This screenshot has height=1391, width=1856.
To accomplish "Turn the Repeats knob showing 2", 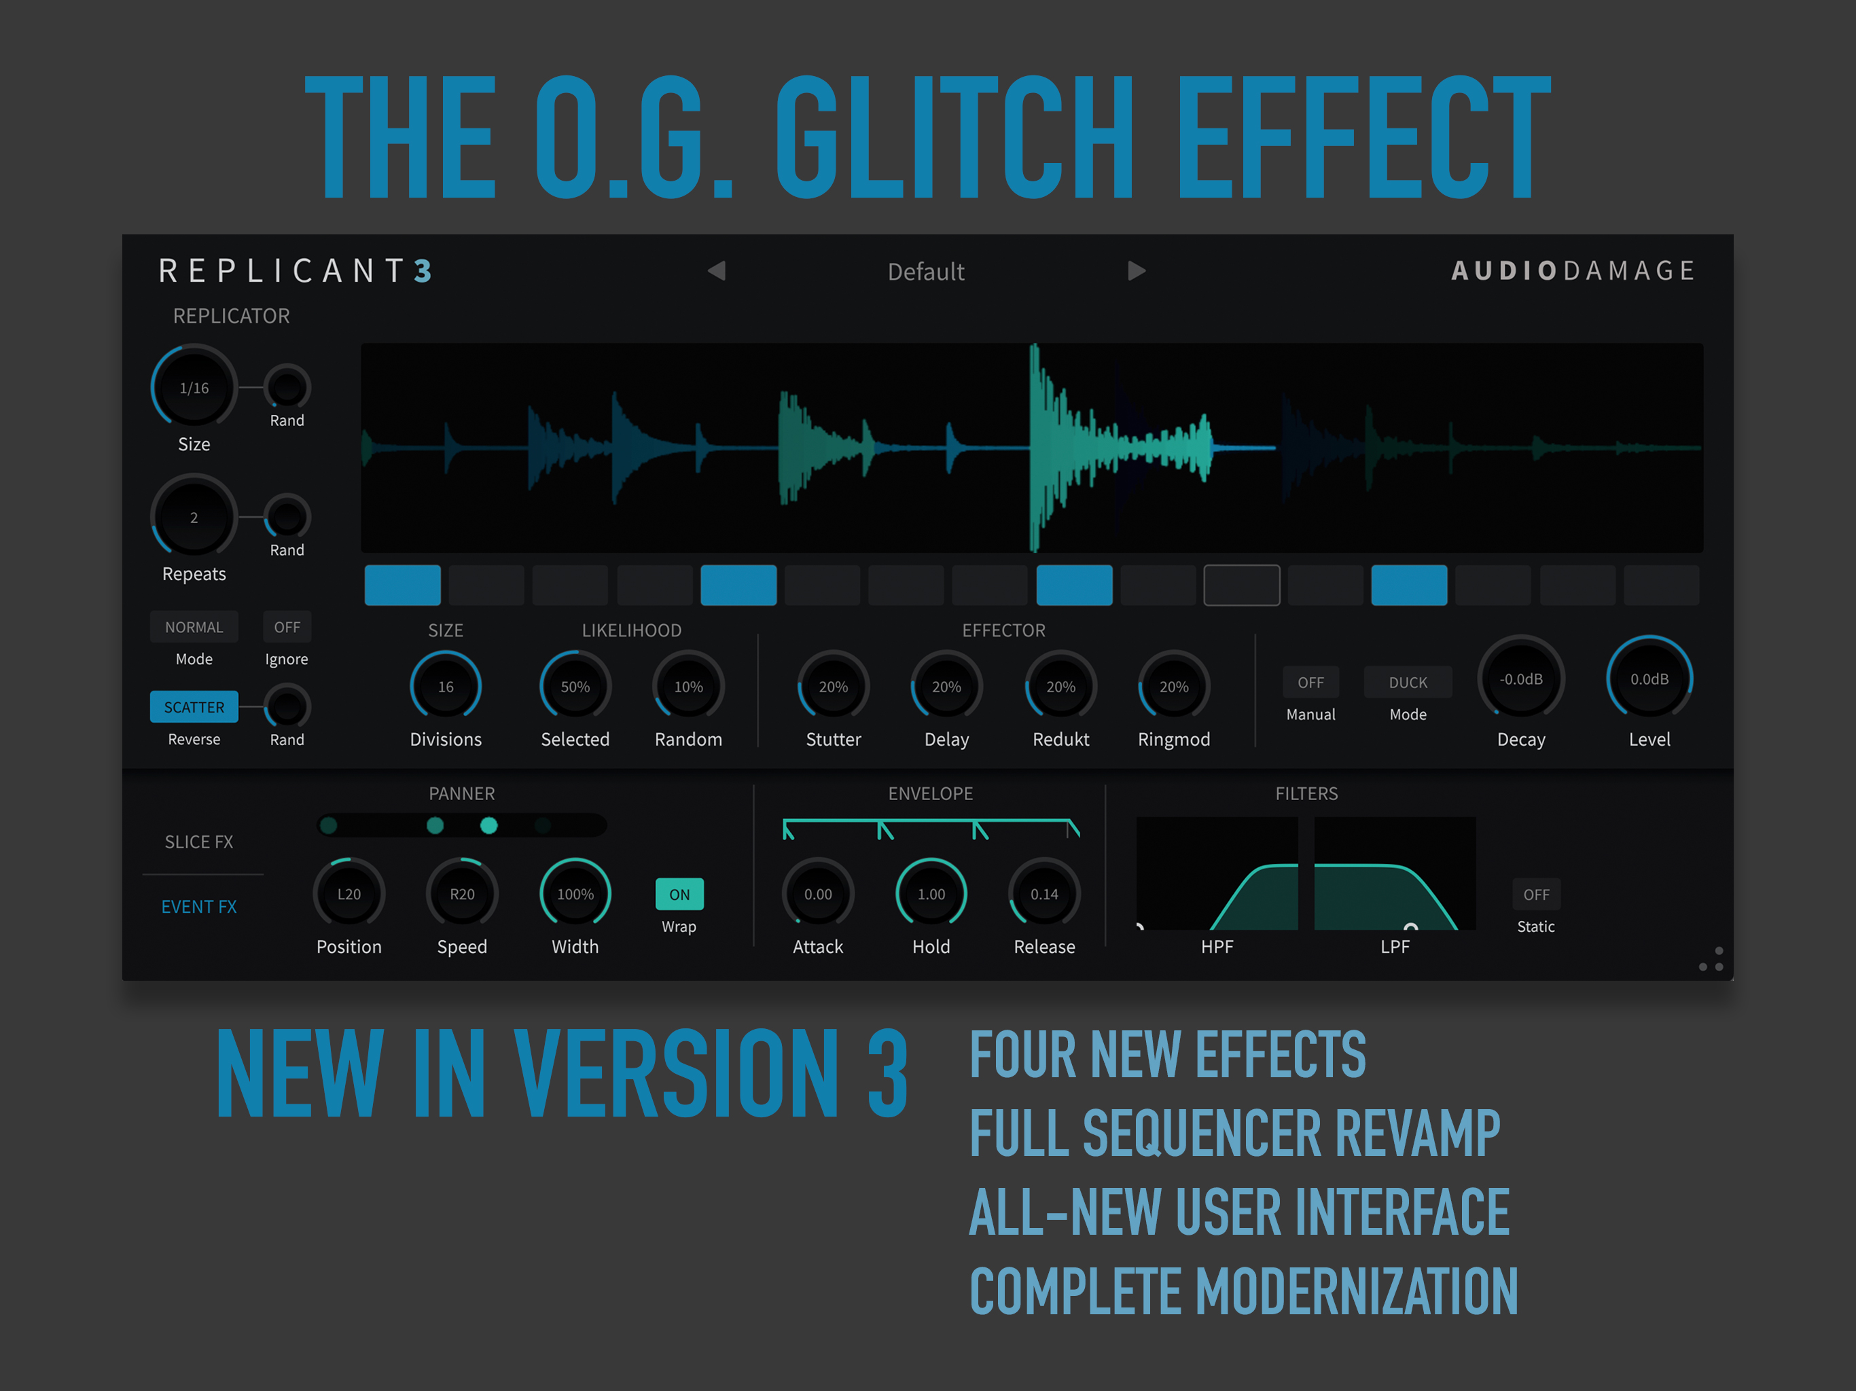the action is [194, 517].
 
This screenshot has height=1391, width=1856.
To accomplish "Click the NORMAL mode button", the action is [194, 627].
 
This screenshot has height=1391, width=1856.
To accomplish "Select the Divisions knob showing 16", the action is [446, 686].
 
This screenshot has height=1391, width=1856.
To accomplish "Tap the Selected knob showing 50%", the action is [575, 686].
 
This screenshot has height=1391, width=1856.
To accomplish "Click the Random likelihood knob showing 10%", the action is [688, 686].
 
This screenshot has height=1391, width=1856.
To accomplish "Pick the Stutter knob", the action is [833, 686].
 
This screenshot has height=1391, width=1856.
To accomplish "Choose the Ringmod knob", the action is [1174, 686].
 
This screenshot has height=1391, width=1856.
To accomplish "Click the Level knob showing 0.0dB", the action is [1649, 679].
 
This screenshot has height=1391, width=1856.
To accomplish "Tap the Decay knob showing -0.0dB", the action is [1521, 679].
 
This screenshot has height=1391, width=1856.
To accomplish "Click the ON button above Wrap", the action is [679, 895].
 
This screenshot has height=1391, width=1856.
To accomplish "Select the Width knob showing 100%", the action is [575, 894].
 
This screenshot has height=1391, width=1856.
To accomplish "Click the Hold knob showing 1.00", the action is [931, 894].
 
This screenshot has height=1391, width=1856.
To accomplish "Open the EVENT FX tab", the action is [199, 907].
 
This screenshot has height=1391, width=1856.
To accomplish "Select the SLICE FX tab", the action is [199, 842].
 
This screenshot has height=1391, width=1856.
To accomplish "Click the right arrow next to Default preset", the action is [1137, 270].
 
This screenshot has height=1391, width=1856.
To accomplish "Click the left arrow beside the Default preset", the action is [716, 270].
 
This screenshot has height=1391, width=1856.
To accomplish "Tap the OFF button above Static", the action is [1536, 895].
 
